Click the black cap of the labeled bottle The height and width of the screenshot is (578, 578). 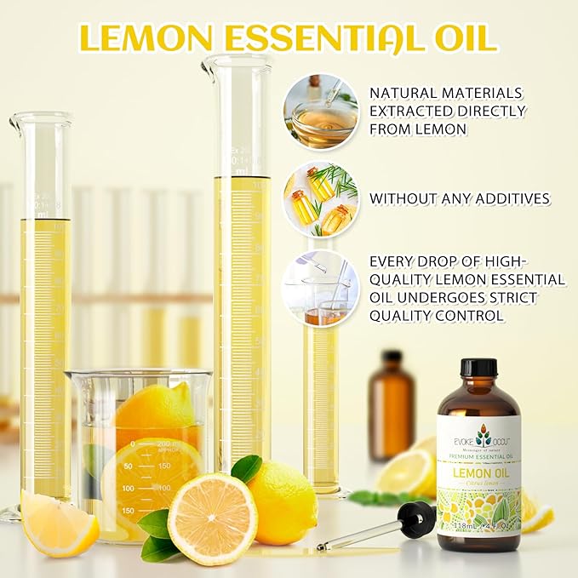pos(478,368)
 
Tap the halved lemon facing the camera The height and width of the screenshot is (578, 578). pos(211,519)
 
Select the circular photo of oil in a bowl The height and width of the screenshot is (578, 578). pos(321,112)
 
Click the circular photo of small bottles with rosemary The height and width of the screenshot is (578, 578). pos(321,200)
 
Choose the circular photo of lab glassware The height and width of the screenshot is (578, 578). pos(321,288)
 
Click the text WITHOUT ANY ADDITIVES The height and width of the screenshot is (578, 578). pos(460,198)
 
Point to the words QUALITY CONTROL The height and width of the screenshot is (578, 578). pos(437,316)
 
